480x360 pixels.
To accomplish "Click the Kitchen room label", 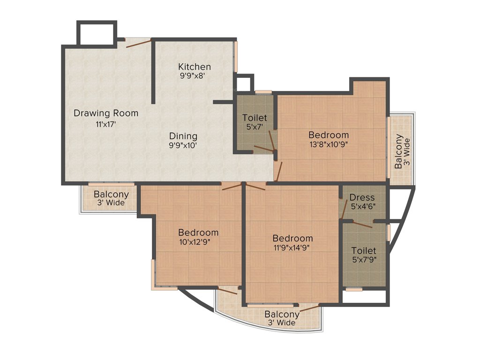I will [x=195, y=67].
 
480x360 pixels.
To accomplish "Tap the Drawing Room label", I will [x=106, y=113].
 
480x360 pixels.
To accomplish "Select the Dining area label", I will [x=183, y=136].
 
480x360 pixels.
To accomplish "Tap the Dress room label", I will [x=362, y=197].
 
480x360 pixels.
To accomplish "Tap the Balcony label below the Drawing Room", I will [x=111, y=195].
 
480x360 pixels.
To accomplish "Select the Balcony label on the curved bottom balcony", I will [x=282, y=314].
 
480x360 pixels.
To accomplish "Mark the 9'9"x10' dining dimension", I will [x=183, y=145].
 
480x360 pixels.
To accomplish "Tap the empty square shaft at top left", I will [x=96, y=33].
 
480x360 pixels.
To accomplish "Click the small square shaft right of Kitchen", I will [x=243, y=84].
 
